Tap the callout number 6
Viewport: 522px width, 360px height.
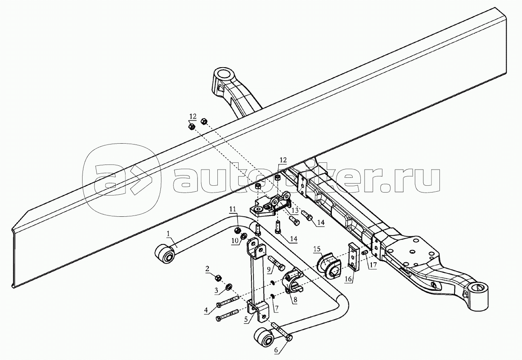click(x=277, y=351)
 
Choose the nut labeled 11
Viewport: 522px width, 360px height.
click(x=237, y=230)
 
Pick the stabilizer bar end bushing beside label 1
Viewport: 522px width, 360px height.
click(x=165, y=255)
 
